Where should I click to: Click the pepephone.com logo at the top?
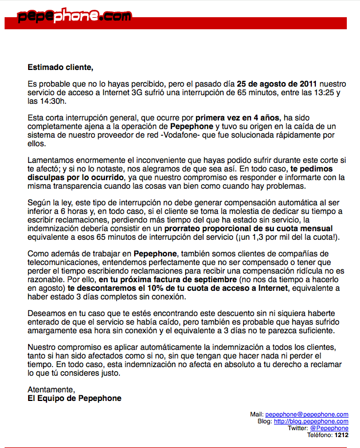pyautogui.click(x=75, y=17)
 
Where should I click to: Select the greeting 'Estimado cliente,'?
pyautogui.click(x=60, y=67)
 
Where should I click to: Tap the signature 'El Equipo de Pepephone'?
pyautogui.click(x=75, y=398)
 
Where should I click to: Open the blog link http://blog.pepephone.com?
pyautogui.click(x=311, y=421)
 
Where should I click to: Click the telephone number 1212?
pyautogui.click(x=342, y=435)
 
